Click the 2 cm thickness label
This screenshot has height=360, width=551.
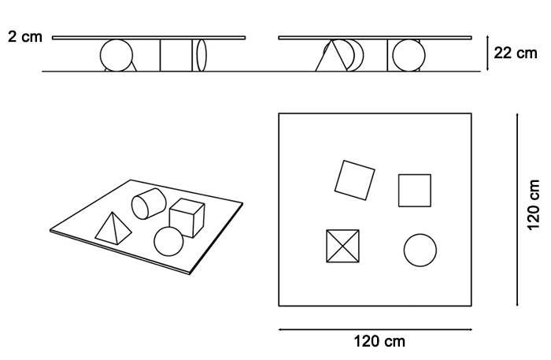pos(25,36)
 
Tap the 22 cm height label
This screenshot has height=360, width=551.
pos(516,53)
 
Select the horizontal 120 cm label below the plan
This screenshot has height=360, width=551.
pos(379,341)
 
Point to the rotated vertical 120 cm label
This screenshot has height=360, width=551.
pos(534,205)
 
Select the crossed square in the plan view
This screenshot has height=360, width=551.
pos(342,246)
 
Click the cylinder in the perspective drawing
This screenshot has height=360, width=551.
pos(148,203)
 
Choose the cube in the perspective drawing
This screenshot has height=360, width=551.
pos(187,218)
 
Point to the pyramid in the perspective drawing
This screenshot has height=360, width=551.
pos(113,228)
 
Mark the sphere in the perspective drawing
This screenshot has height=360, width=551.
pos(168,242)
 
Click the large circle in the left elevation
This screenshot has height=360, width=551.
pos(116,55)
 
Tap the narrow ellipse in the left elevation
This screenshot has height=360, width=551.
pos(202,55)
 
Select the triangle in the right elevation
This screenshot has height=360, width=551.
pos(331,56)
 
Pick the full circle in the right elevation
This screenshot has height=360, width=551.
pos(409,55)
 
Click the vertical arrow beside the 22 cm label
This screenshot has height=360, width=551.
pos(487,53)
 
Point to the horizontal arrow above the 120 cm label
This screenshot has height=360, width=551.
pos(375,330)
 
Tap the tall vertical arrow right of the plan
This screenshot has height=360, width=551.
pos(517,210)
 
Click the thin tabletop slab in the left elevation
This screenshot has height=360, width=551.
pos(149,38)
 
